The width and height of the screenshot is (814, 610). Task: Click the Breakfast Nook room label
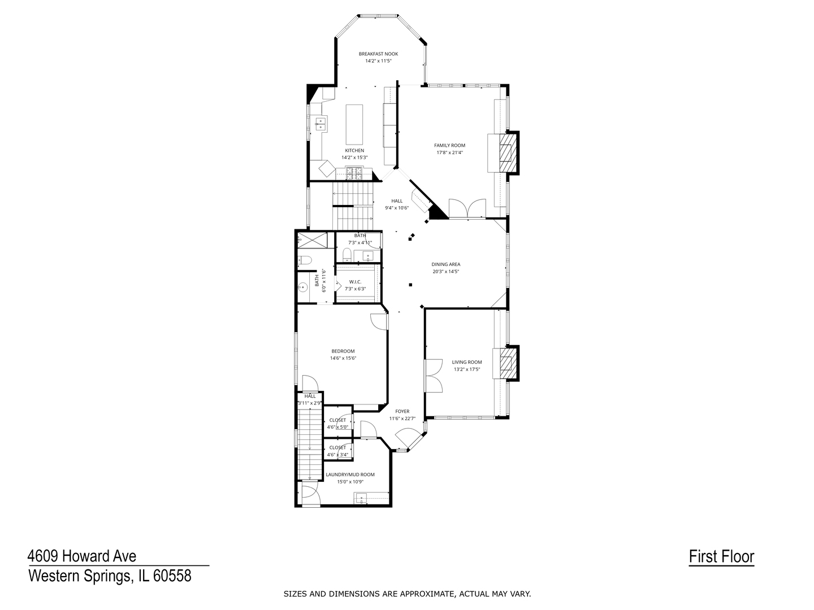click(x=378, y=54)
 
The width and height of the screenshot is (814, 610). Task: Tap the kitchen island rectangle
click(x=354, y=124)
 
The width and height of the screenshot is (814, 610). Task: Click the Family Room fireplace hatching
click(x=507, y=152)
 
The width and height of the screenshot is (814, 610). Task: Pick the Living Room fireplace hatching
click(x=507, y=363)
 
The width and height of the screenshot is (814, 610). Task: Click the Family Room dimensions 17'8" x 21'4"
click(x=449, y=152)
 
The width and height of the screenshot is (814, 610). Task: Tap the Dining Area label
click(x=446, y=264)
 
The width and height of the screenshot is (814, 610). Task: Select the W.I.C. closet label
click(x=355, y=282)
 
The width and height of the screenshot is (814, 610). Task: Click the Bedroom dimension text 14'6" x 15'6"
click(x=343, y=358)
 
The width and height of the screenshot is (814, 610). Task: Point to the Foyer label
click(x=402, y=412)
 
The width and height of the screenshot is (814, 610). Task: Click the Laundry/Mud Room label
click(x=350, y=475)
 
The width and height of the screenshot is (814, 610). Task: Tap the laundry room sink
click(x=361, y=499)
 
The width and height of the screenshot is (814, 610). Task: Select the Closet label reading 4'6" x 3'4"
click(x=337, y=455)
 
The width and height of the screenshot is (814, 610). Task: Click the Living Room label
click(x=467, y=362)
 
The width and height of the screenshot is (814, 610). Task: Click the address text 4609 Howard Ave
click(x=82, y=556)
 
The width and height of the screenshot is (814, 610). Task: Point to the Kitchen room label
click(x=354, y=151)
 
